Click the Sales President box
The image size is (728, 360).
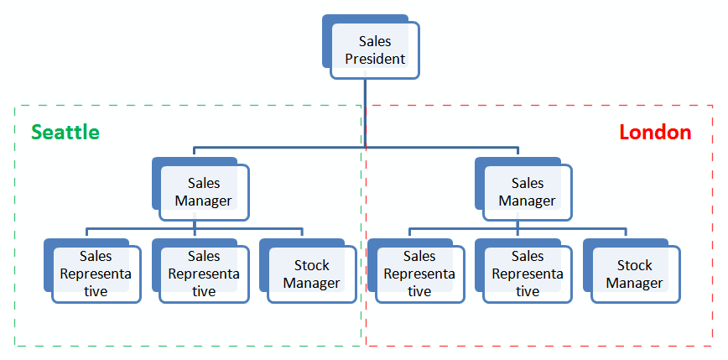375,50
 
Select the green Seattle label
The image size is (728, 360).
65,133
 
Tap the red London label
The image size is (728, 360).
655,133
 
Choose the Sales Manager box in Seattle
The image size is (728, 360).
204,192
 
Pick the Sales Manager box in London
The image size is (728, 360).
527,192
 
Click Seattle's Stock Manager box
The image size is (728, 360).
311,274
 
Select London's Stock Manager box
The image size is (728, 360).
635,274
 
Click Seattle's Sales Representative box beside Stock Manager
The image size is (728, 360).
204,274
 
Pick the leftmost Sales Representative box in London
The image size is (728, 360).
419,274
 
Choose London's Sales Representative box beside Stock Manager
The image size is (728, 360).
528,274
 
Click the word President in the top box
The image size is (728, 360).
375,60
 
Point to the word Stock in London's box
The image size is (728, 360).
635,265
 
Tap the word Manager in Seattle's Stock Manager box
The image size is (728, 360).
311,284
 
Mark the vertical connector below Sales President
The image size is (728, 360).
365,113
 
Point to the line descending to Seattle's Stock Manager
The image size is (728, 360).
302,232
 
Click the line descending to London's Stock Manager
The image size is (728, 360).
626,232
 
